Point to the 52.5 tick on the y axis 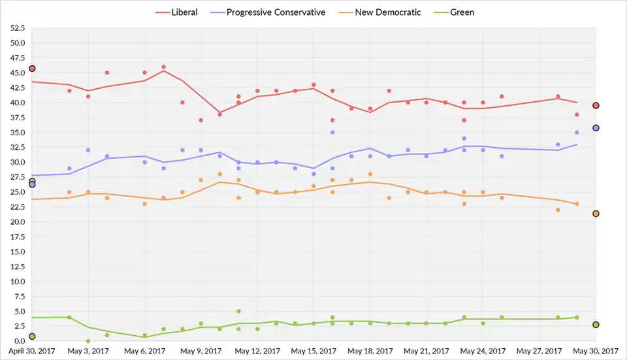pyautogui.click(x=17, y=29)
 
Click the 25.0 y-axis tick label pyautogui.click(x=17, y=192)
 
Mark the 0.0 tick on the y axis pyautogui.click(x=19, y=341)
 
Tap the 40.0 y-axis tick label pyautogui.click(x=17, y=103)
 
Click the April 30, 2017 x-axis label pyautogui.click(x=32, y=351)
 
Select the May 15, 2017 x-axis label pyautogui.click(x=315, y=351)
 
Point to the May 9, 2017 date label pyautogui.click(x=201, y=351)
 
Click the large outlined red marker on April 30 pyautogui.click(x=32, y=69)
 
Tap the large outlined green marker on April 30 pyautogui.click(x=32, y=336)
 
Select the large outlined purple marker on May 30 pyautogui.click(x=596, y=128)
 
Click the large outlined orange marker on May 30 pyautogui.click(x=596, y=214)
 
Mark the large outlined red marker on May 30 pyautogui.click(x=596, y=106)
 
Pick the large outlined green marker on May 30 pyautogui.click(x=596, y=325)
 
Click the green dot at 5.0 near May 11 pyautogui.click(x=239, y=311)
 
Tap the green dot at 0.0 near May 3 pyautogui.click(x=88, y=341)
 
